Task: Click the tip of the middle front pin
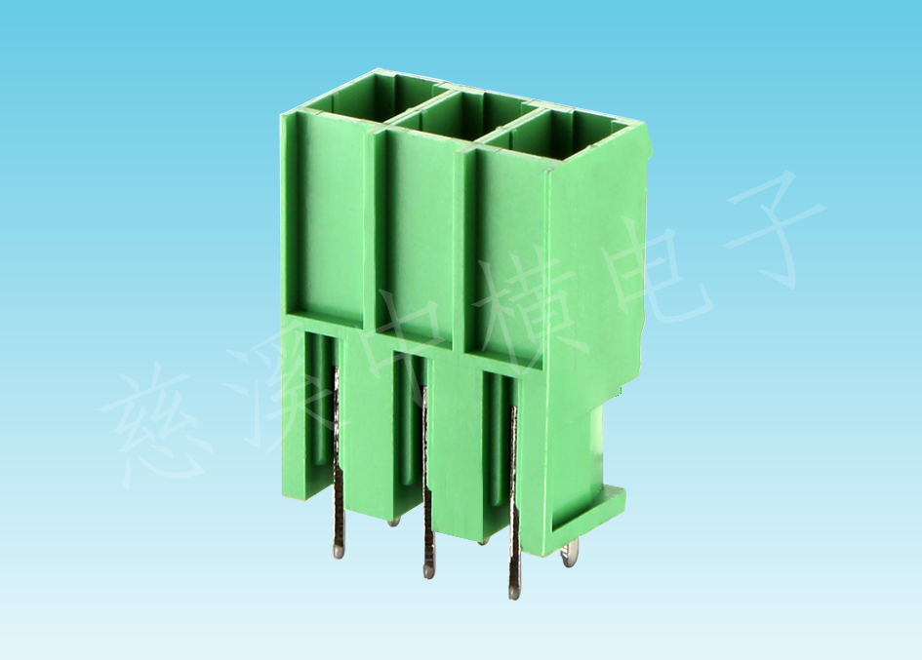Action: tap(428, 570)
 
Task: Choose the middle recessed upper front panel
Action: tap(417, 240)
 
